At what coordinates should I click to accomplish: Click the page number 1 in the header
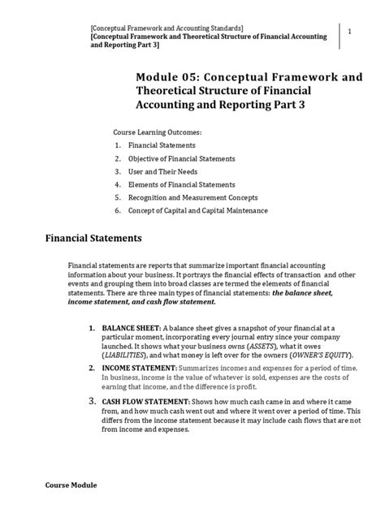[x=348, y=31]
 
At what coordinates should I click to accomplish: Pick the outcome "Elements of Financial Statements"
[x=188, y=184]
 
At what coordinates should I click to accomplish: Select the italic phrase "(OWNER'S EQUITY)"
[x=305, y=356]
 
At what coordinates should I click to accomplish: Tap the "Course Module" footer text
[x=70, y=485]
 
